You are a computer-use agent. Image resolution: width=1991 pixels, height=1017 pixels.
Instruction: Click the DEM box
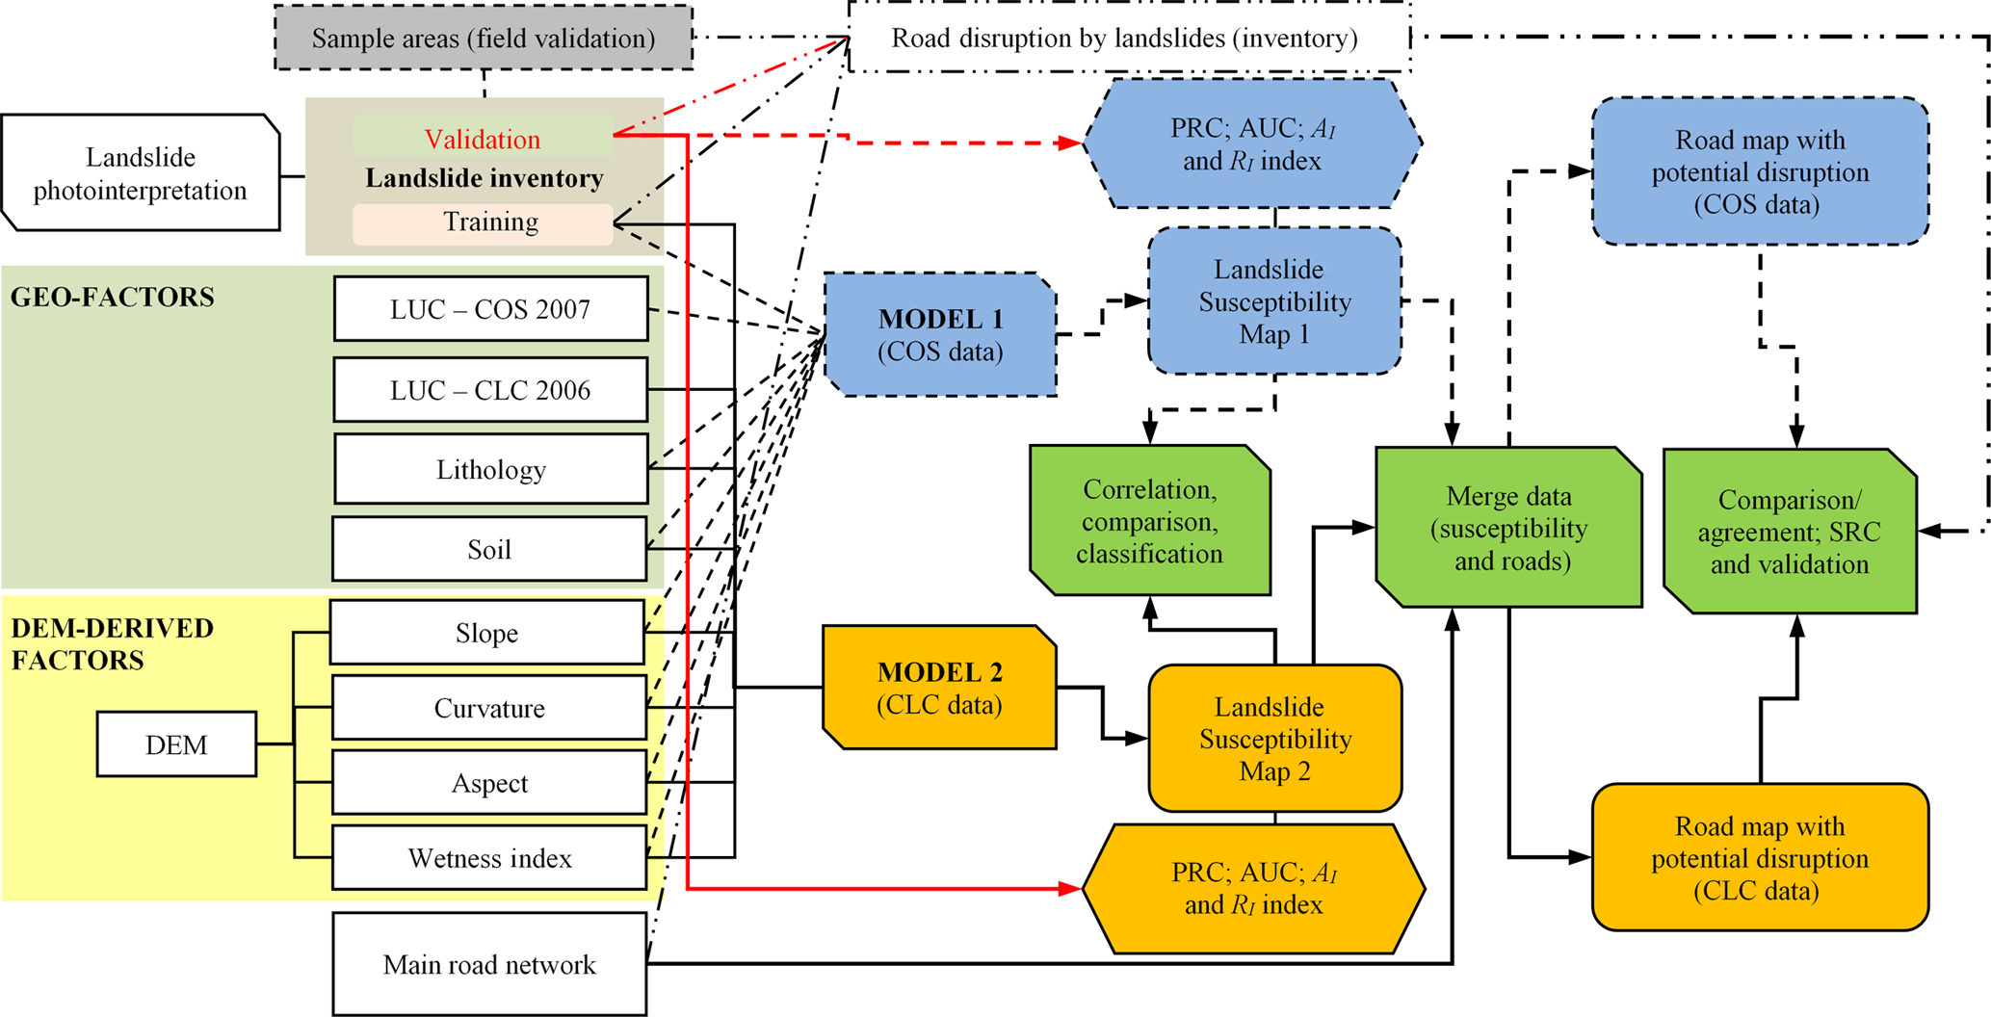pos(176,744)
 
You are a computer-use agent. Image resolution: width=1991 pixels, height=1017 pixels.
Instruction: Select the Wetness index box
pos(489,858)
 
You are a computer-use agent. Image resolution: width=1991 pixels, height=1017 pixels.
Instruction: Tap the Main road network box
pos(489,964)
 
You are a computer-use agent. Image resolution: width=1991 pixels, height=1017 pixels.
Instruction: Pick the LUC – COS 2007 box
pos(490,309)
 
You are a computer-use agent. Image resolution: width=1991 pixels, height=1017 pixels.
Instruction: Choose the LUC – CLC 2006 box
pos(490,390)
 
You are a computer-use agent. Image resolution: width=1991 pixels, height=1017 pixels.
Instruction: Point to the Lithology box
pos(490,470)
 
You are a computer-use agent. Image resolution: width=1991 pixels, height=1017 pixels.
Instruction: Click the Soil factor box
pos(489,550)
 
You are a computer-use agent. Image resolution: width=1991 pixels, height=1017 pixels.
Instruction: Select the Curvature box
pos(489,709)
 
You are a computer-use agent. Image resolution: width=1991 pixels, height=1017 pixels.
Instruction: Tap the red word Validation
pos(483,139)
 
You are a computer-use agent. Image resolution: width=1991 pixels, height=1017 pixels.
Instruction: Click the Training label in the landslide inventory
pos(490,222)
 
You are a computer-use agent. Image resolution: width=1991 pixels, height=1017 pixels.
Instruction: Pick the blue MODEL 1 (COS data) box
pos(940,335)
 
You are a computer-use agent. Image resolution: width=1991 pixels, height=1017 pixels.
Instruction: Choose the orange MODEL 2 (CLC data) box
pos(939,688)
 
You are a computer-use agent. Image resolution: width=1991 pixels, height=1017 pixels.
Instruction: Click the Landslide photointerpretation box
pos(141,173)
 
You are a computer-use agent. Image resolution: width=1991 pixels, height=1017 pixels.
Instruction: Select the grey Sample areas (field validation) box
pos(484,39)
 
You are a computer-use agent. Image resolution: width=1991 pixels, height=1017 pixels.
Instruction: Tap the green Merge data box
pos(1508,528)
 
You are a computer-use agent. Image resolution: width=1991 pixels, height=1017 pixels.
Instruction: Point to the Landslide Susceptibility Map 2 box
pos(1274,739)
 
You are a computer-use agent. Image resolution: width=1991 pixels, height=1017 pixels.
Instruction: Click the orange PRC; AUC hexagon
pos(1253,888)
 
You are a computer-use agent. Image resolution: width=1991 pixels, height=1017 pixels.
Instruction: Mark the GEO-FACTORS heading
pos(113,297)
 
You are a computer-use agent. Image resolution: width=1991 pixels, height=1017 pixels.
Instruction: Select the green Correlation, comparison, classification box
pos(1150,521)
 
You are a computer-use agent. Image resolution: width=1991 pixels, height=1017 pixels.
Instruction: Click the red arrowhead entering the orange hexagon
pos(1070,888)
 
